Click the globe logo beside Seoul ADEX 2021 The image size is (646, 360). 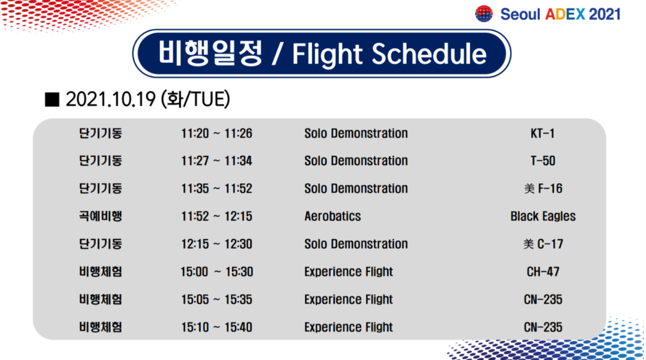point(484,14)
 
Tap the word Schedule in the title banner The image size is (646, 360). point(429,54)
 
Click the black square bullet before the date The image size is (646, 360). point(52,100)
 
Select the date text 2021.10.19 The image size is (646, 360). point(111,100)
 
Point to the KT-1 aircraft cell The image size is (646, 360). point(543,134)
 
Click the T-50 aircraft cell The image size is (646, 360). point(543,161)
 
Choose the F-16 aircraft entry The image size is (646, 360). point(543,188)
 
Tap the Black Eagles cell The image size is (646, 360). point(543,216)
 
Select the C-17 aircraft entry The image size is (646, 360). point(543,244)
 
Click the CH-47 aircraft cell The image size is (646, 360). point(543,272)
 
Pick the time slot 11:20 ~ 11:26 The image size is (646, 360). point(217,134)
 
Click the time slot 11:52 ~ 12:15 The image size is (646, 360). point(217,216)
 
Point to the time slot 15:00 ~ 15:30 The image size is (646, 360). point(217,272)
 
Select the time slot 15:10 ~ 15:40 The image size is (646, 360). point(217,327)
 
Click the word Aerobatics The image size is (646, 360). point(332,216)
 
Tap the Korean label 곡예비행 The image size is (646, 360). point(101,216)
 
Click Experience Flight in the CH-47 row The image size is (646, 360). point(348,272)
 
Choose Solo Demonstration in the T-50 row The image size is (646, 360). point(356,161)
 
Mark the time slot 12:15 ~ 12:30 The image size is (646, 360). point(217,244)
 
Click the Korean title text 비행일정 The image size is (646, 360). point(210,53)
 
